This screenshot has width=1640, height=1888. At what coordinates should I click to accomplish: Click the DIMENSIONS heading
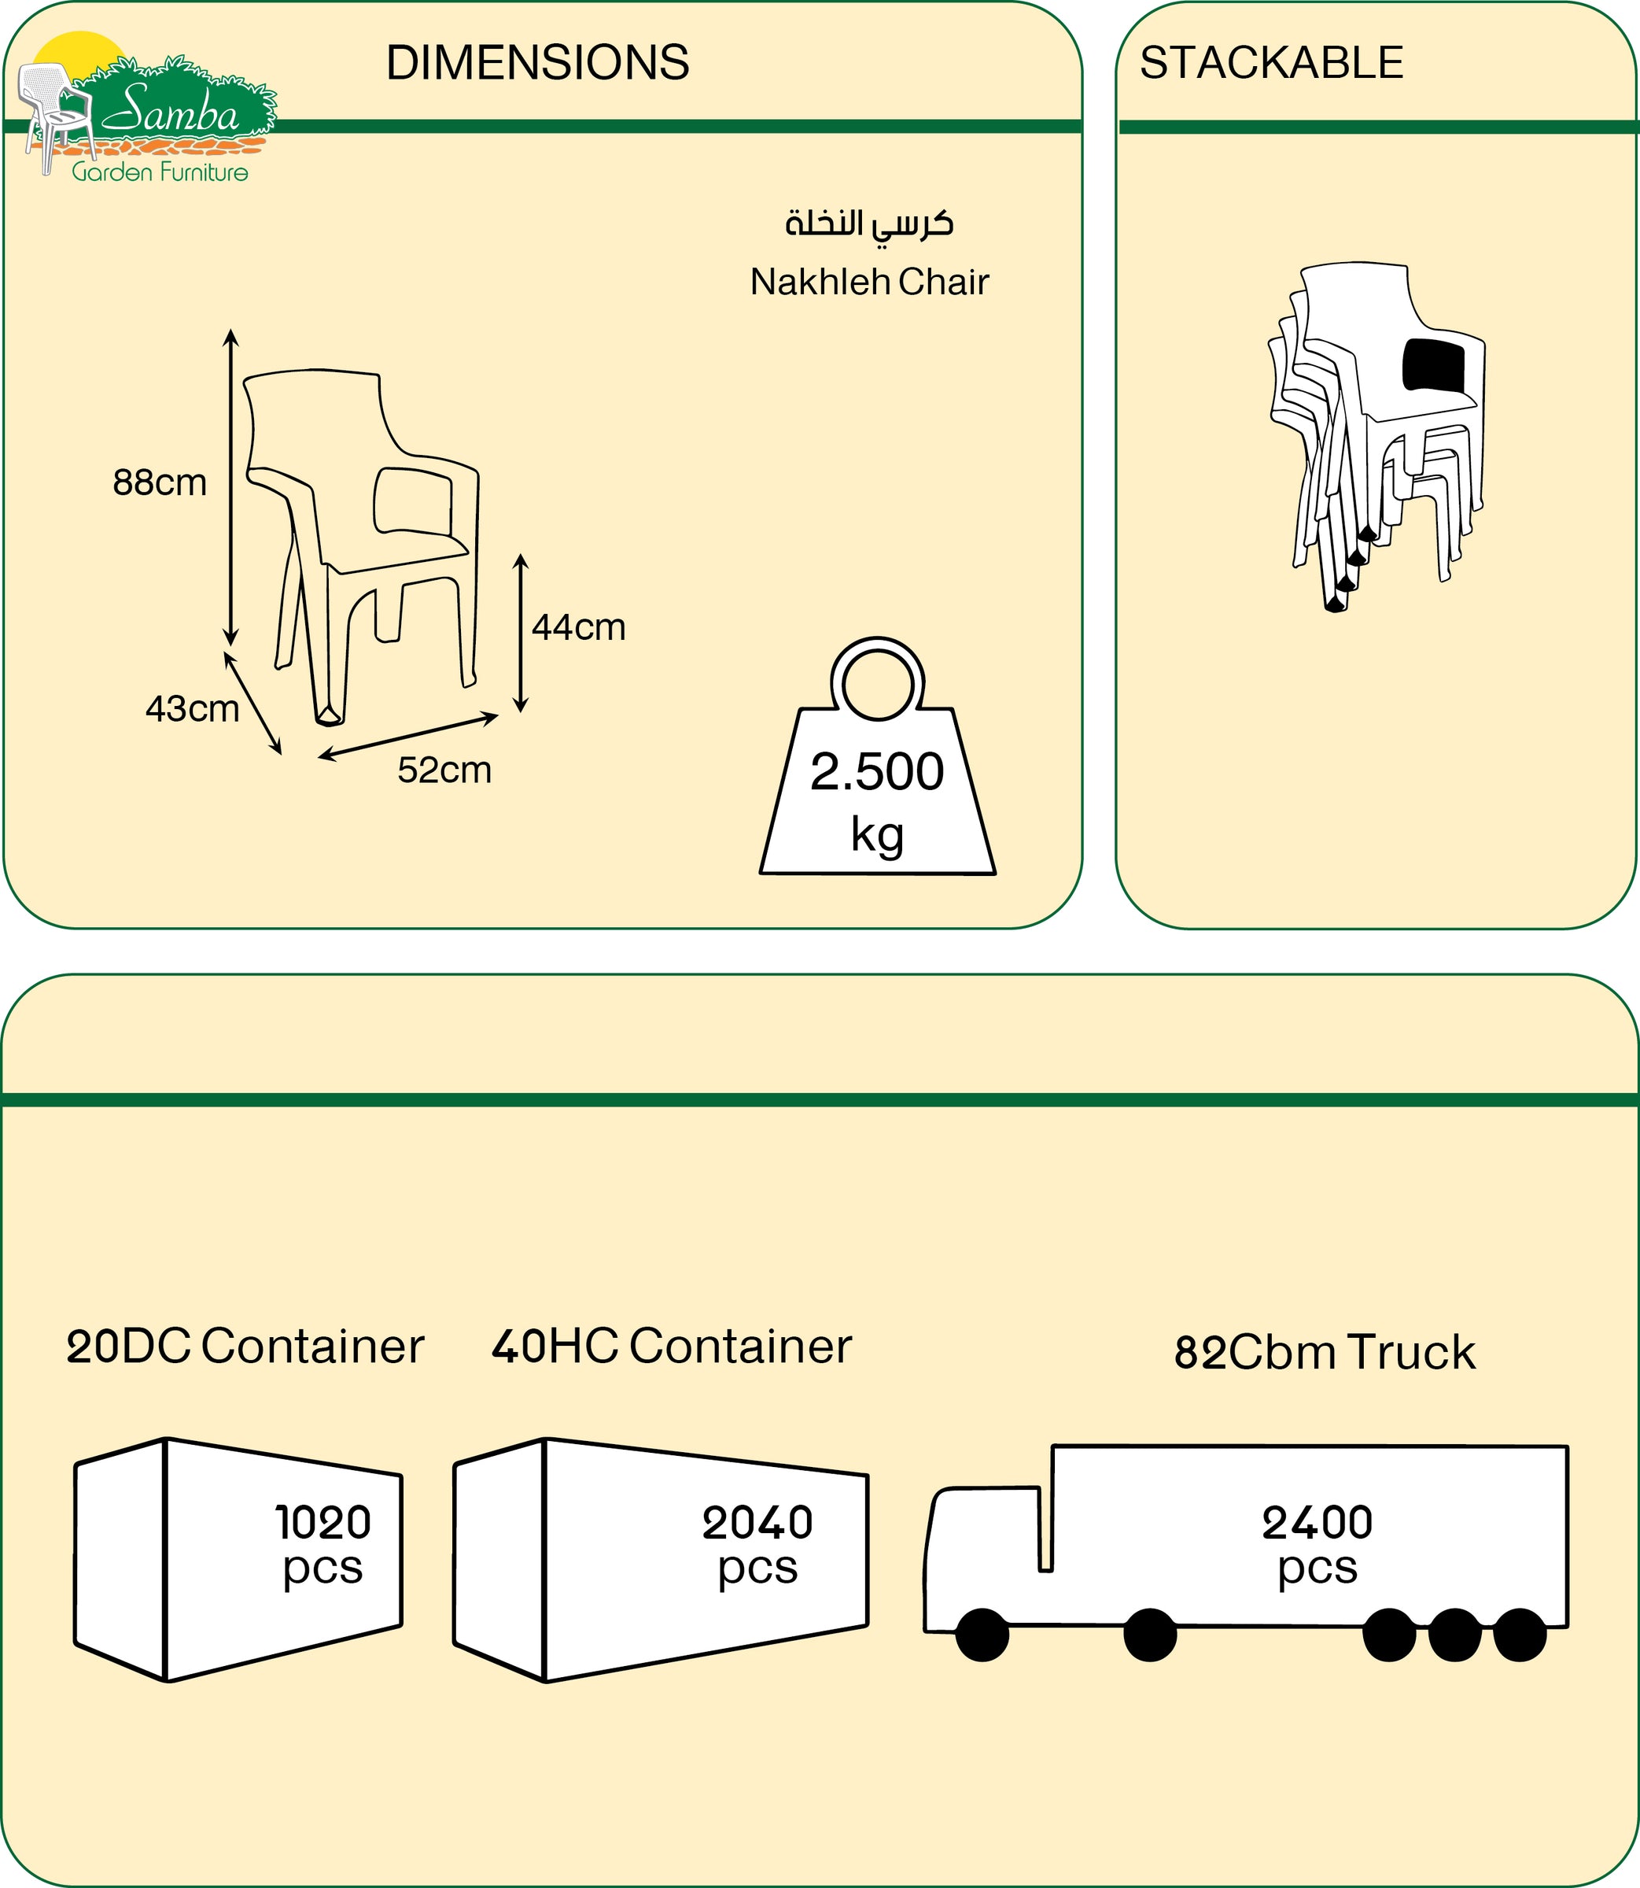[537, 63]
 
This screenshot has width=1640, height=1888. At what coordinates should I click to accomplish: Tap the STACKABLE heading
[1270, 63]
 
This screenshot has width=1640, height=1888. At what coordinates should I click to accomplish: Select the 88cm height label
[159, 482]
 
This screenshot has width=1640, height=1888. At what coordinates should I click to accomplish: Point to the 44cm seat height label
[578, 627]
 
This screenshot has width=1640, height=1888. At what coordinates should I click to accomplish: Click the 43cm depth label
[191, 708]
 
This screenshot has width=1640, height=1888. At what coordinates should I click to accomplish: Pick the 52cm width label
[444, 770]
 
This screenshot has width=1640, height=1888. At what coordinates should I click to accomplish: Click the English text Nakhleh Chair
[868, 282]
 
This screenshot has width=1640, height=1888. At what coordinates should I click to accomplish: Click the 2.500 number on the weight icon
[877, 772]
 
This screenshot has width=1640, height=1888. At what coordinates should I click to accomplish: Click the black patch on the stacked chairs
[1432, 365]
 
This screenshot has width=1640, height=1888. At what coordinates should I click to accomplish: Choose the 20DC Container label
[245, 1347]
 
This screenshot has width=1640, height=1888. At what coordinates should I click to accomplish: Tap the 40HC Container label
[671, 1347]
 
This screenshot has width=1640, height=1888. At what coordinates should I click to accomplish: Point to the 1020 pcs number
[323, 1523]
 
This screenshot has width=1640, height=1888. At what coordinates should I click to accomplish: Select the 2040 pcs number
[757, 1523]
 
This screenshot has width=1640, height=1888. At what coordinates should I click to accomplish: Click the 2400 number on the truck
[1317, 1523]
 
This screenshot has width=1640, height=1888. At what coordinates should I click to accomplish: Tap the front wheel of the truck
[982, 1635]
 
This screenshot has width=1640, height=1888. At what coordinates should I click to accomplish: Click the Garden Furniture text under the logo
[160, 172]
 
